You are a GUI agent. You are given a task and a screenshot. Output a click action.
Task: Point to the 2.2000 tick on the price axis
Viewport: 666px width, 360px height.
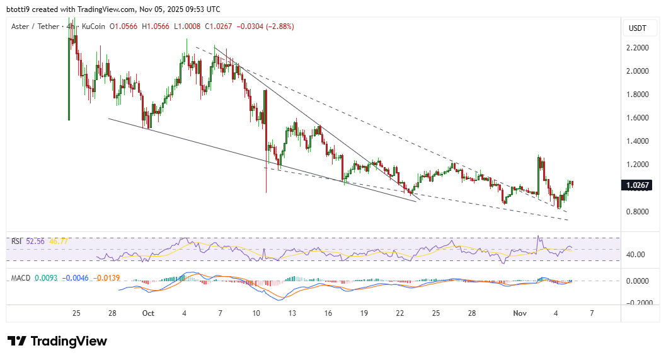pyautogui.click(x=638, y=48)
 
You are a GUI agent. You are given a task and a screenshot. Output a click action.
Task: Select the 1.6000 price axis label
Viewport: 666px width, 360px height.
pyautogui.click(x=638, y=118)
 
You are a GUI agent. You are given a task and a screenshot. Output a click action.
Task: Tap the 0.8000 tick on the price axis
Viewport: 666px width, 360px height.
pyautogui.click(x=638, y=211)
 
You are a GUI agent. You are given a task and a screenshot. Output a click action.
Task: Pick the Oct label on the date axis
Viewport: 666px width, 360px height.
pyautogui.click(x=149, y=313)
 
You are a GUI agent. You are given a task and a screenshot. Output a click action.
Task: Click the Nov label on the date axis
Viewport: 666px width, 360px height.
pyautogui.click(x=519, y=313)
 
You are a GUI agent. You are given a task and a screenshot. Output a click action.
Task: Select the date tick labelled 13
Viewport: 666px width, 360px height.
pyautogui.click(x=293, y=313)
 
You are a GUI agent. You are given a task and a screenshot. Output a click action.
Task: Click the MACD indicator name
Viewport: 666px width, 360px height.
pyautogui.click(x=21, y=278)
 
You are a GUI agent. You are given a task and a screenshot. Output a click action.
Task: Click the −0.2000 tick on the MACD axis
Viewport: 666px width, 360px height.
pyautogui.click(x=638, y=303)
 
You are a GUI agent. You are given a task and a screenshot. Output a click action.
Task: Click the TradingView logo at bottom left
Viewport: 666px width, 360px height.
pyautogui.click(x=57, y=341)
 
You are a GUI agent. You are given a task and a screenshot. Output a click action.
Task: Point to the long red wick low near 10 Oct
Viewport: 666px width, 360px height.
pyautogui.click(x=267, y=189)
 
